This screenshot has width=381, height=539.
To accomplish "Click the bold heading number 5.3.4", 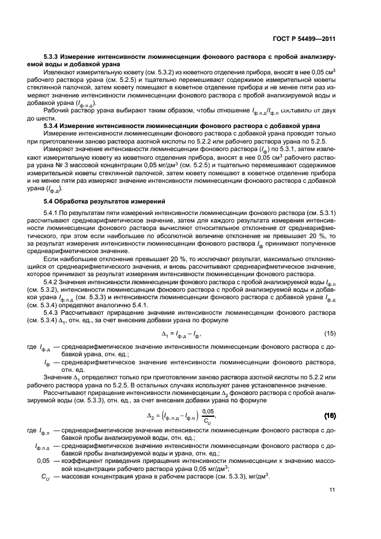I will [53, 125].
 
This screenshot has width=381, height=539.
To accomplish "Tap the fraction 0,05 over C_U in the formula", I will [208, 416].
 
